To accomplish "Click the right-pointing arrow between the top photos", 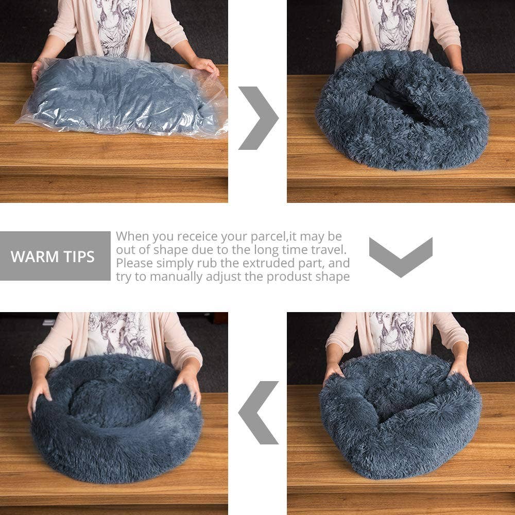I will [257, 118].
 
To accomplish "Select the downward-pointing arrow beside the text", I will [401, 256].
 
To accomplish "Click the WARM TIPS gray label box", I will [55, 256].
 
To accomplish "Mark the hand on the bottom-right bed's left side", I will [332, 371].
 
